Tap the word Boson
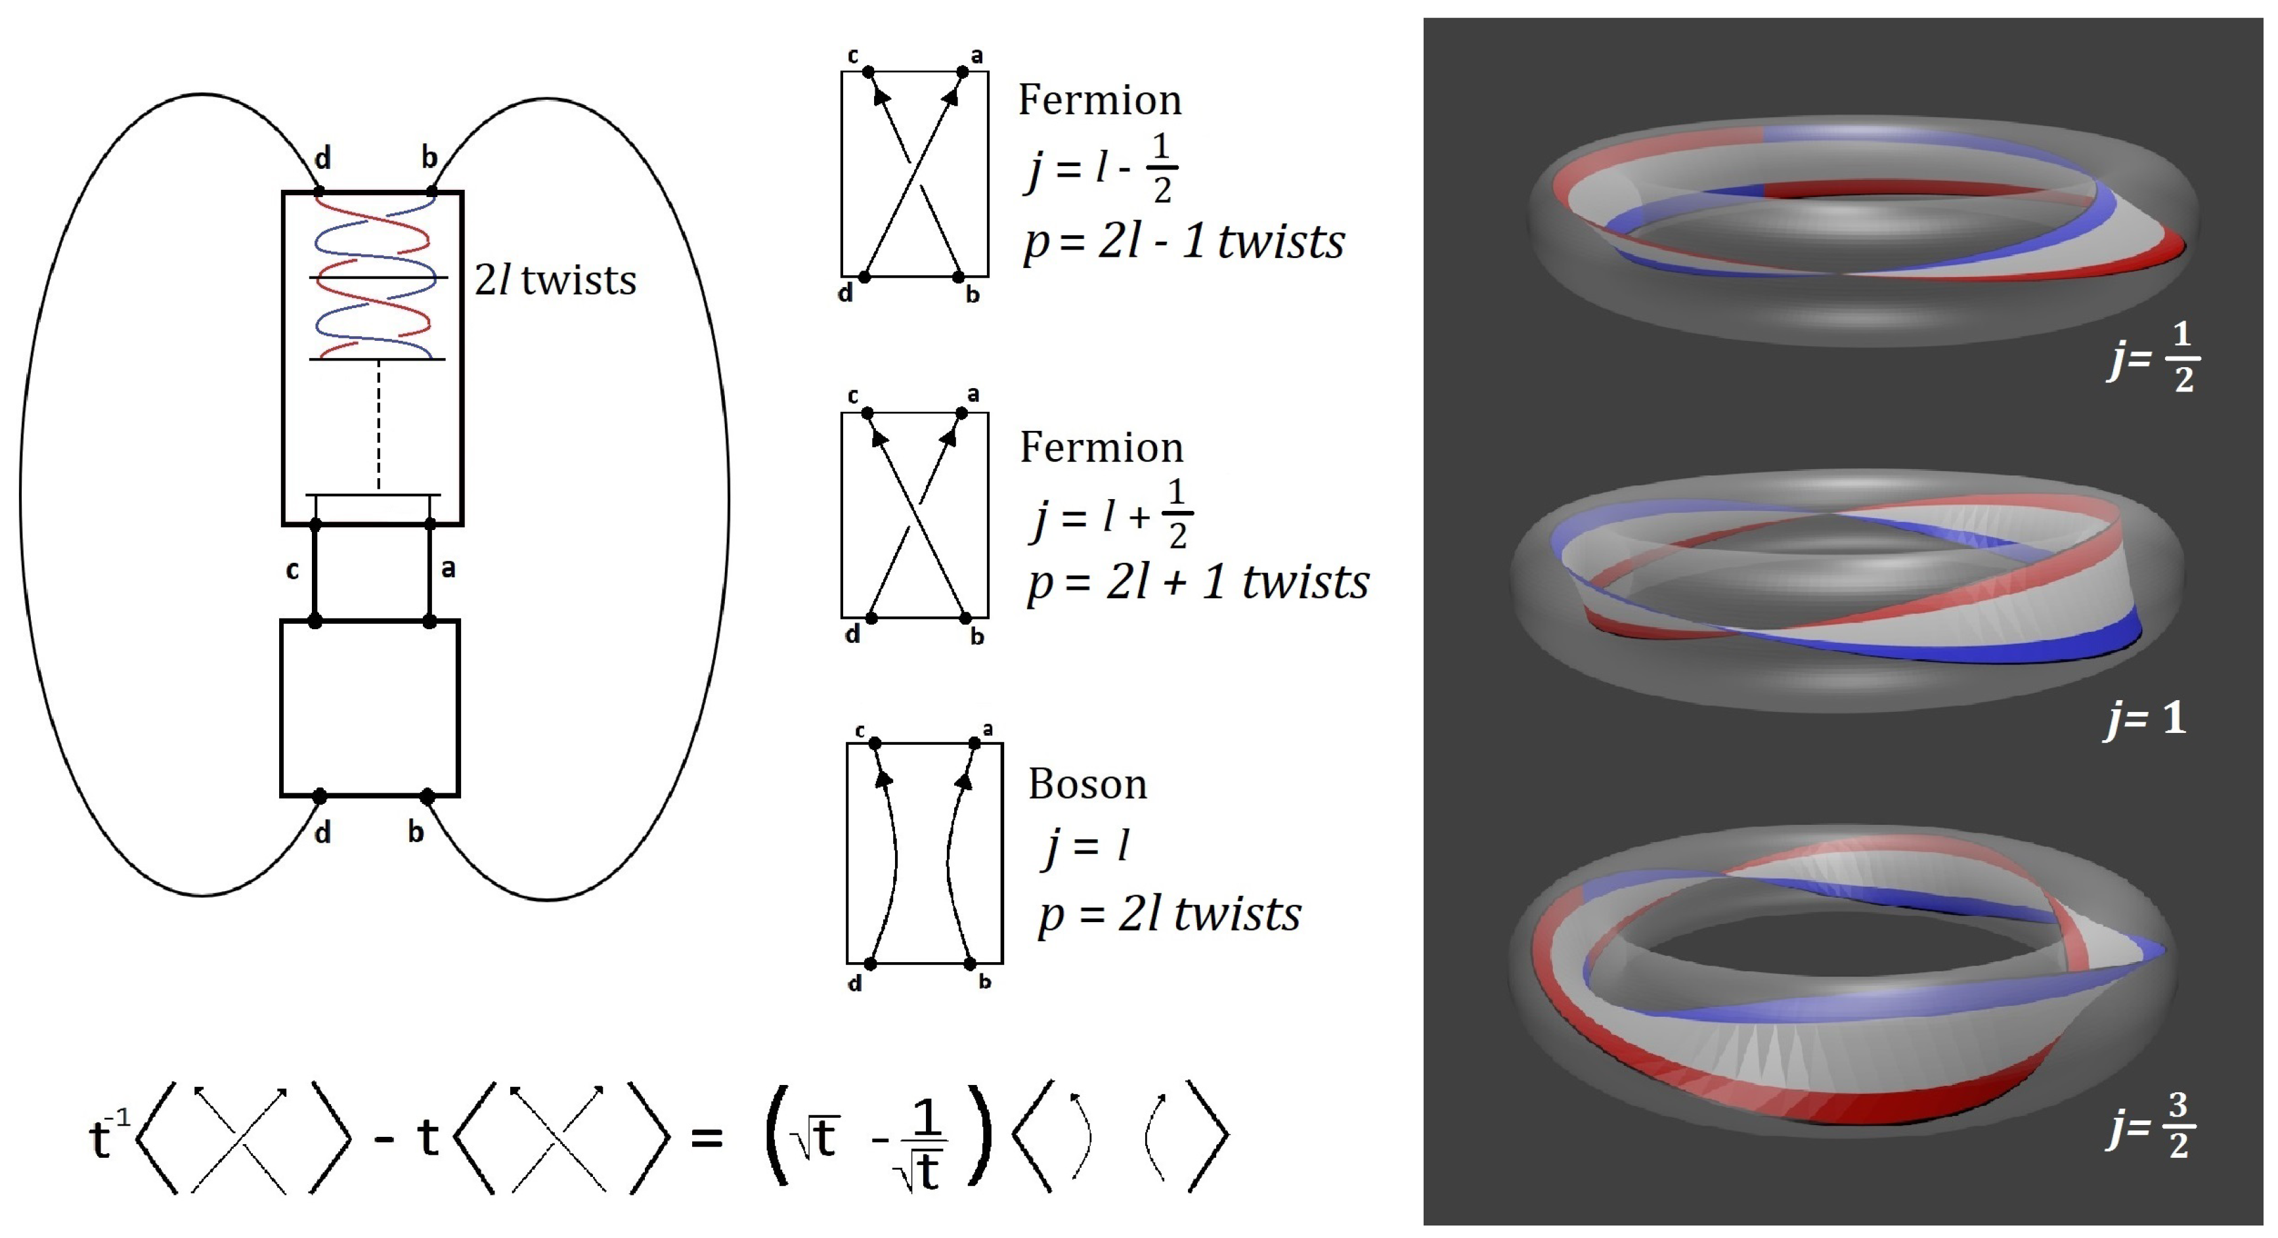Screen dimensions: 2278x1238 [1087, 784]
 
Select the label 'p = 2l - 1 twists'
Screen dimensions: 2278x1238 [1184, 242]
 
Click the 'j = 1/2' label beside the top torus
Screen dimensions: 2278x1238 [2154, 357]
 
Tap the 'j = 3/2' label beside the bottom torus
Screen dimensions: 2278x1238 [2151, 1126]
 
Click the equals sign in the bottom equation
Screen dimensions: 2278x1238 [707, 1138]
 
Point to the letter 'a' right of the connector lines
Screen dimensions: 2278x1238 [449, 569]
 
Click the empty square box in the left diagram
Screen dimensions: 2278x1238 [370, 708]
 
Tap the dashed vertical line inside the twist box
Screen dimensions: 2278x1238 [378, 424]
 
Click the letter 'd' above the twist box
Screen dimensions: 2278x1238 [323, 158]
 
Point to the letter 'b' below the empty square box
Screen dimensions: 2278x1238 [416, 832]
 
